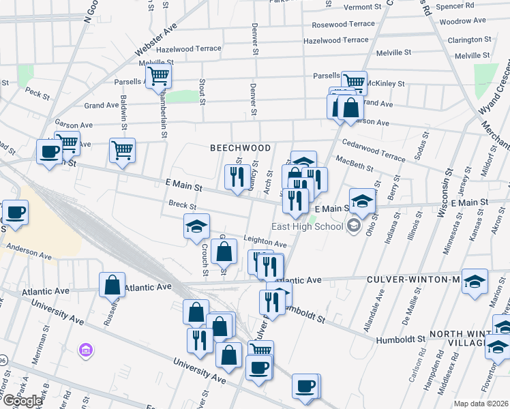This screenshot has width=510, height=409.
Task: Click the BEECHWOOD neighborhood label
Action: (x=240, y=148)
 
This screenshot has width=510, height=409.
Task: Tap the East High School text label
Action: (x=307, y=227)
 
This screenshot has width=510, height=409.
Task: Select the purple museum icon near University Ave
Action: (x=87, y=350)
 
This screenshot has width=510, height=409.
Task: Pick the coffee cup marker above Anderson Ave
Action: (x=14, y=211)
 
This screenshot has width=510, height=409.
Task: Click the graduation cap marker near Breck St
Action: (x=196, y=226)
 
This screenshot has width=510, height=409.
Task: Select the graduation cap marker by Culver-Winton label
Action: (x=475, y=279)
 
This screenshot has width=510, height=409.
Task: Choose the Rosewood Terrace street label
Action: (x=343, y=24)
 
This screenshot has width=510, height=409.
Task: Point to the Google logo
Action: (x=22, y=402)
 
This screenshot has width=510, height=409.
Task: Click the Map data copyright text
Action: (x=480, y=404)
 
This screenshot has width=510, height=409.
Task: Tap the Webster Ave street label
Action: (x=156, y=39)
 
